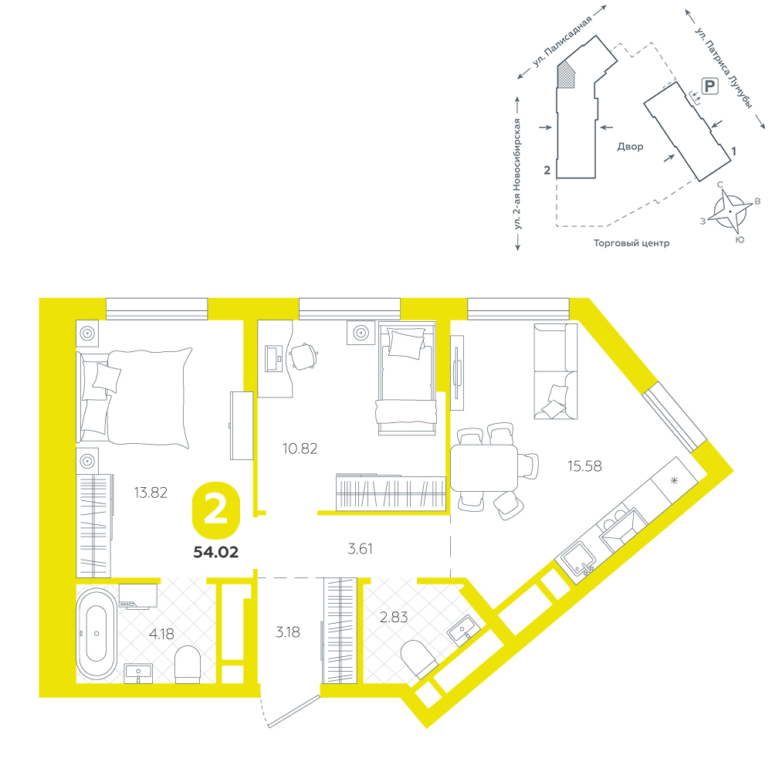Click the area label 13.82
(151, 493)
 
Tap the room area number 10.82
(300, 449)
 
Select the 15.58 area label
(584, 466)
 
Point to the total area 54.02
(215, 552)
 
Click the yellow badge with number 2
(215, 510)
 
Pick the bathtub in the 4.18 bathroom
(96, 633)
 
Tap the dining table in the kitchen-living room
(484, 467)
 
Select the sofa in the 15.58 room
(556, 371)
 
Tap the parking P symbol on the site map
(709, 86)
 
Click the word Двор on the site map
(630, 146)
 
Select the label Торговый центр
(631, 242)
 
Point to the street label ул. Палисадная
(561, 42)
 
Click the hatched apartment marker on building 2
(566, 76)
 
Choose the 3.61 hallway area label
(360, 548)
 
